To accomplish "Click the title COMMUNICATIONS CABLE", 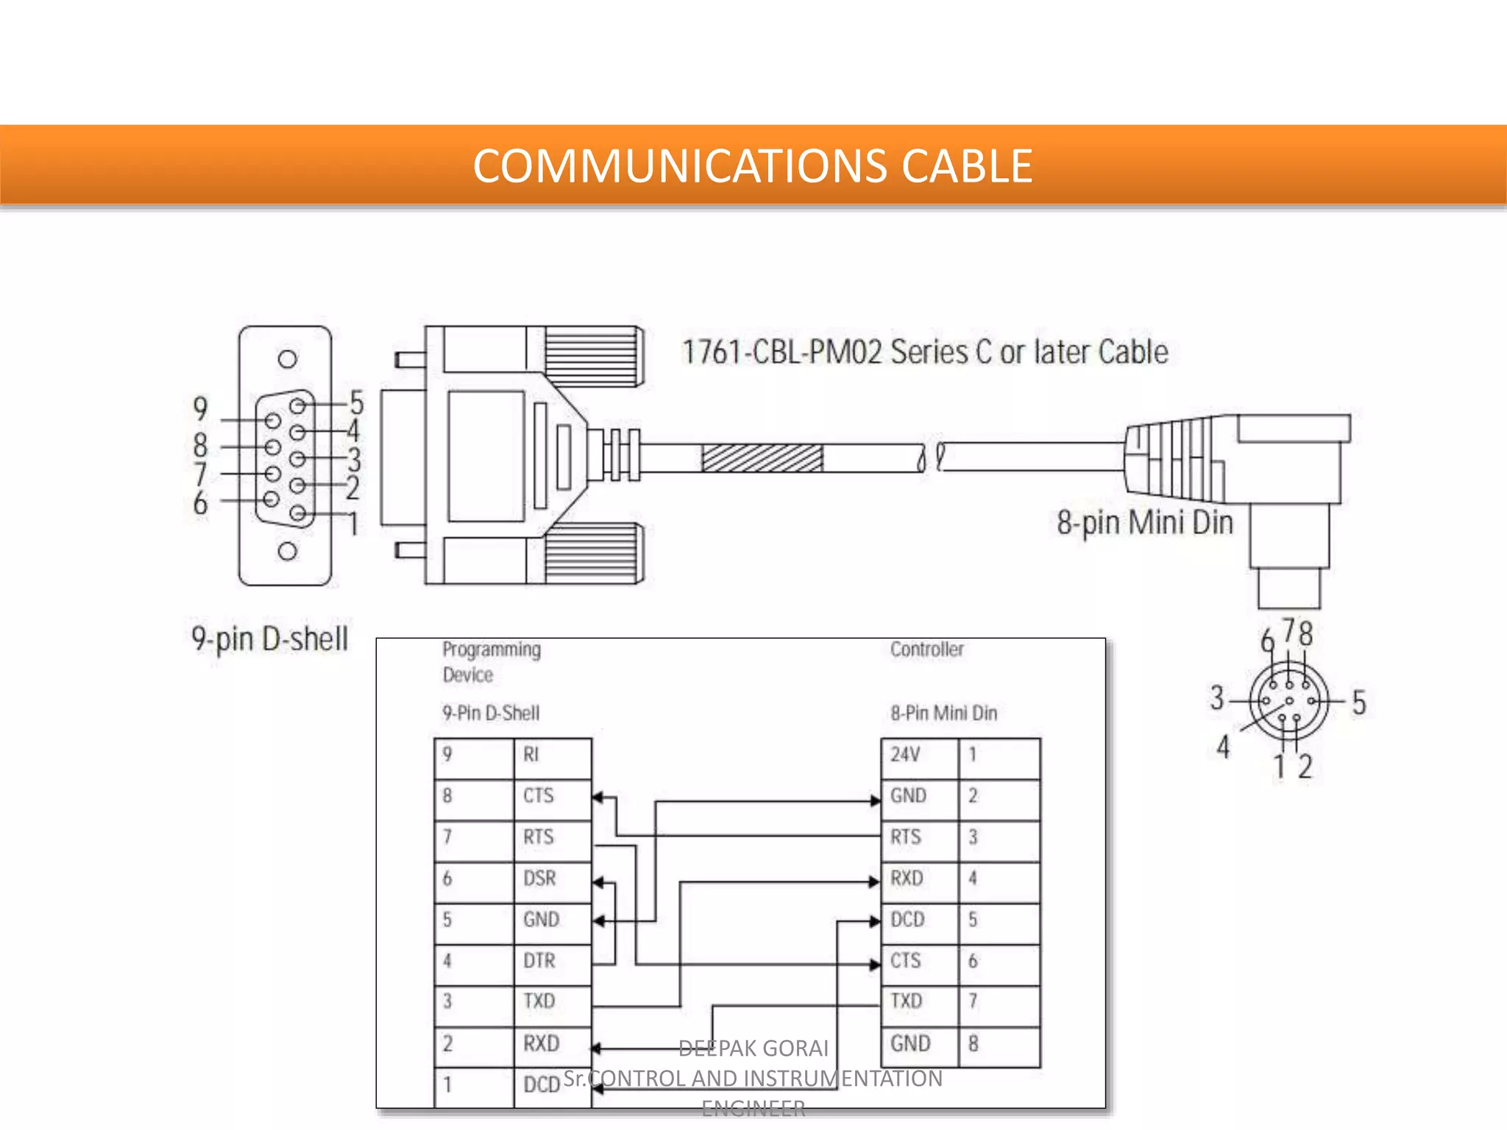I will tap(752, 166).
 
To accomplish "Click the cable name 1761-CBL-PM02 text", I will tap(924, 352).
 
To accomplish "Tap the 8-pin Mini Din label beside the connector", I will tap(1144, 523).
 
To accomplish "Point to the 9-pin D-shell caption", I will tap(269, 639).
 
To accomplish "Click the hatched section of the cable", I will tap(762, 458).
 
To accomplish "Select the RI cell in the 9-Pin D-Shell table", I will tap(552, 755).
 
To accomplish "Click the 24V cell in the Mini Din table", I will tap(919, 755).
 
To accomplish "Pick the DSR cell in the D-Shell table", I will tap(552, 878).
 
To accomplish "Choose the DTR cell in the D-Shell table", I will tap(552, 961).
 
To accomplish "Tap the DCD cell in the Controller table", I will tap(919, 920).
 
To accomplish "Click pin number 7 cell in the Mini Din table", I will tap(998, 1001).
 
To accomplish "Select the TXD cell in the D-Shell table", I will tap(552, 1001).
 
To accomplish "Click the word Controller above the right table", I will tap(926, 650).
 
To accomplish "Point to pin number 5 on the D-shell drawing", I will tap(357, 403).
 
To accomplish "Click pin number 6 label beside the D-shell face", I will tap(200, 503).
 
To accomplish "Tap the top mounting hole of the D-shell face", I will tap(287, 359).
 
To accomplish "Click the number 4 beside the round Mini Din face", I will tap(1222, 747).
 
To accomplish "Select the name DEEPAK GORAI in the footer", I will tap(753, 1048).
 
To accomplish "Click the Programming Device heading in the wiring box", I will tap(491, 662).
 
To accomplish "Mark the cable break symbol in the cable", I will tap(931, 458).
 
